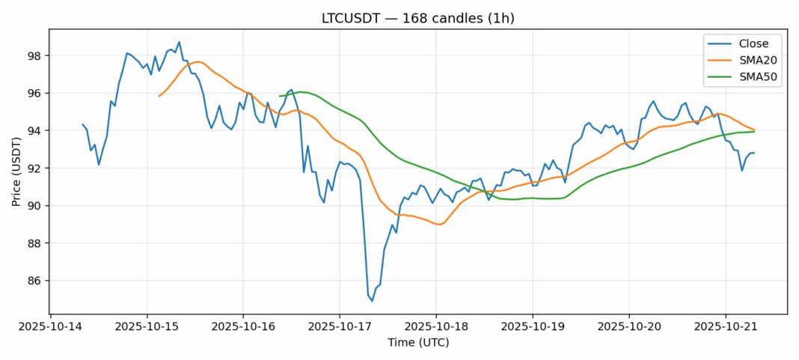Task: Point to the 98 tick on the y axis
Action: [x=35, y=56]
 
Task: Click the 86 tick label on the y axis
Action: [x=35, y=281]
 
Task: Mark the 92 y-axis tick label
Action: [x=35, y=168]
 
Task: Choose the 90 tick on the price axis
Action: [x=35, y=206]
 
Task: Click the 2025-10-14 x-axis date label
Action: [x=50, y=326]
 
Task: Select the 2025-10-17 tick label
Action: [x=339, y=326]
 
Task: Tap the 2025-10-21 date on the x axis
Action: [x=725, y=326]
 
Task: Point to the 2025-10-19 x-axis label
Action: [x=532, y=326]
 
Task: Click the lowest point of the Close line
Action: [x=373, y=301]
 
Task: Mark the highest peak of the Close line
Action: [x=179, y=42]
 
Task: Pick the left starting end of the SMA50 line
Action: [x=279, y=96]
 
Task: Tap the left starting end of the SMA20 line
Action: [x=159, y=96]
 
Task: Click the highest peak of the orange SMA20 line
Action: [x=198, y=61]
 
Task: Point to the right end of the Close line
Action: [x=754, y=153]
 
